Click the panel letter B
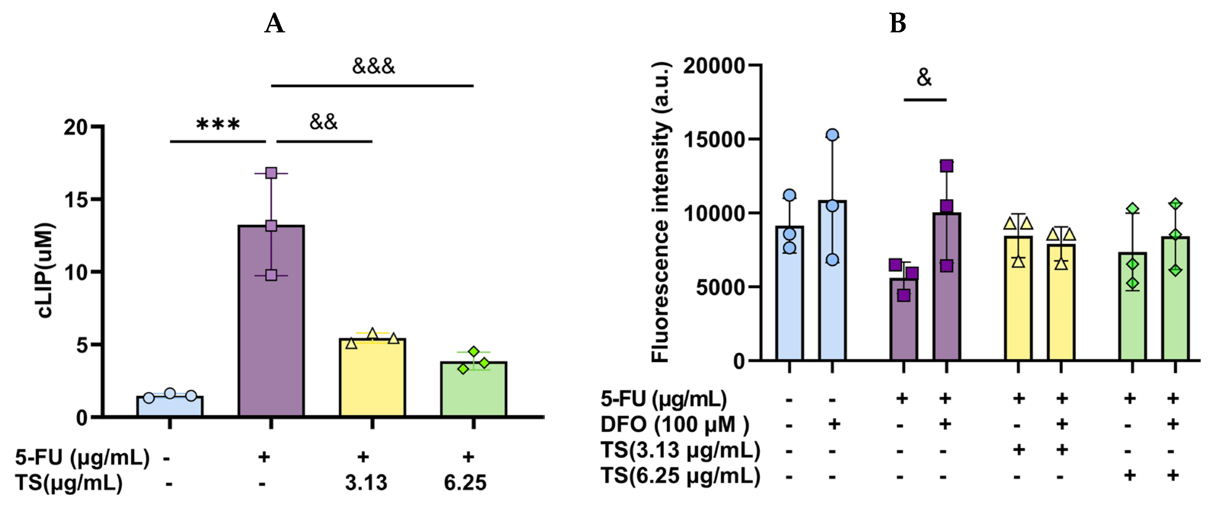[x=897, y=24]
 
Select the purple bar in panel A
[x=271, y=330]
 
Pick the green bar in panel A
[x=473, y=391]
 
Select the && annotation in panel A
[x=323, y=123]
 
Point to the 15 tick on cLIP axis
[x=77, y=200]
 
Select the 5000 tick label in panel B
[x=719, y=287]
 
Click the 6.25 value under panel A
[x=465, y=483]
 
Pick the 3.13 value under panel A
[x=366, y=483]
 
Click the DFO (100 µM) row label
[x=675, y=425]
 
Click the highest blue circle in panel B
[x=832, y=135]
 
